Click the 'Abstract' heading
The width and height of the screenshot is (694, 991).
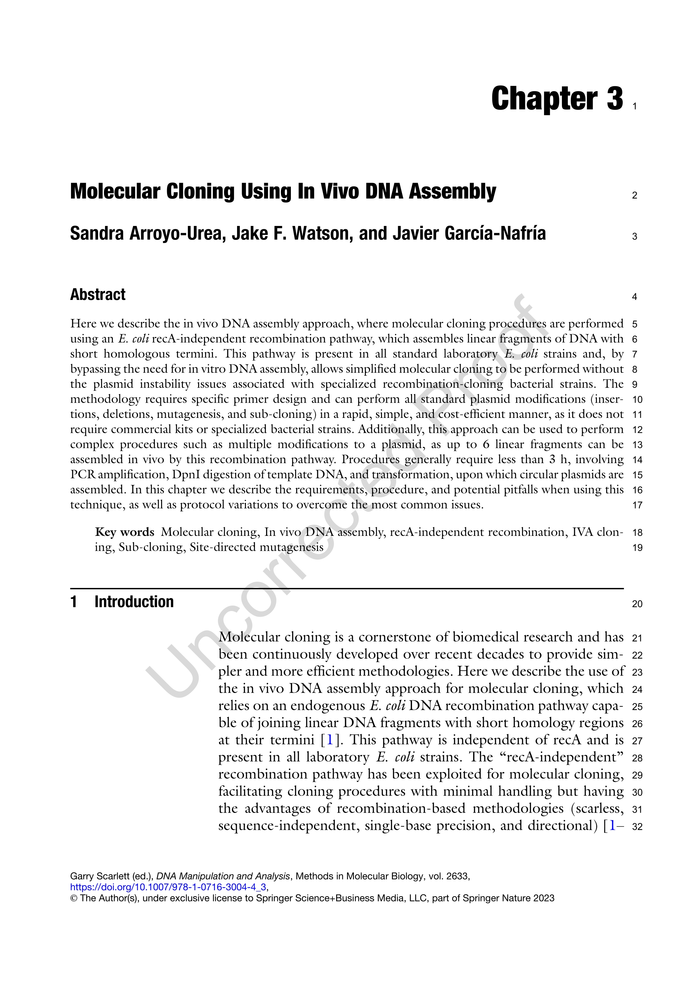click(x=98, y=295)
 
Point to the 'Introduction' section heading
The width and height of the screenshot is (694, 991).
click(x=134, y=602)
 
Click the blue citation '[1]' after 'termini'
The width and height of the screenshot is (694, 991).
click(x=330, y=740)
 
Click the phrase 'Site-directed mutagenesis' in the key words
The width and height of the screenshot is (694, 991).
click(x=256, y=547)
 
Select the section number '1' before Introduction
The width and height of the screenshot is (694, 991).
click(x=74, y=602)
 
